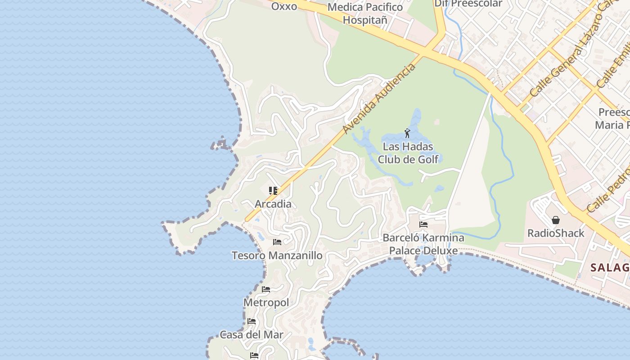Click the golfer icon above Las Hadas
coord(407,133)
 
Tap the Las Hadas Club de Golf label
coord(408,153)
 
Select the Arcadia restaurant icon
coord(273,191)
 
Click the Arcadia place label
coord(273,204)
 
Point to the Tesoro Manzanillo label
coord(277,256)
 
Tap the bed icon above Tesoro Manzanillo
coord(277,242)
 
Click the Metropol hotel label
coord(266,302)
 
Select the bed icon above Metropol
coord(266,289)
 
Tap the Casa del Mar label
coord(252,334)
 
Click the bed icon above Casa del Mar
coord(252,321)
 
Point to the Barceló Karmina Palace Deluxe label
coord(423,244)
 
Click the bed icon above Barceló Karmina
coord(423,224)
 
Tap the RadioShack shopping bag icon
coord(556,220)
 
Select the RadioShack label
coord(556,233)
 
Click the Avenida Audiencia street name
coord(379,99)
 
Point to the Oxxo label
coord(284,6)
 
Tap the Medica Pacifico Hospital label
coord(365,13)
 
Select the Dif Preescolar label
coord(468,4)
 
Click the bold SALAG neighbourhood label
coord(610,268)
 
